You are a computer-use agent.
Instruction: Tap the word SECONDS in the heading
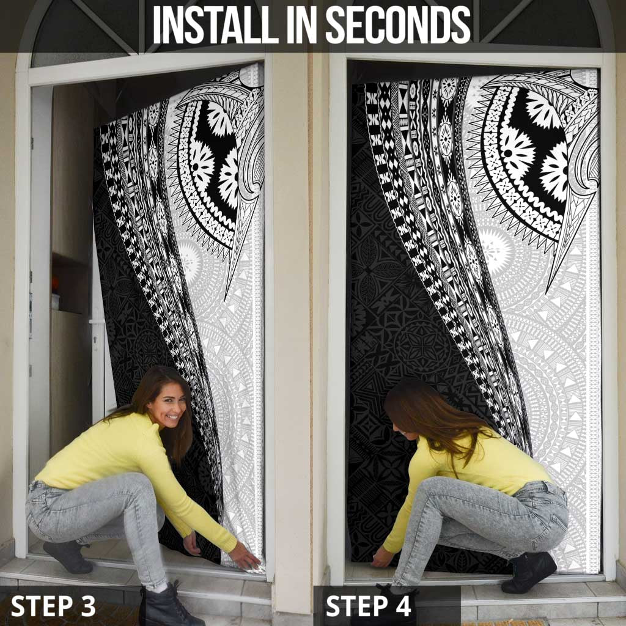397,24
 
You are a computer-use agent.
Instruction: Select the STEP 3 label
53,606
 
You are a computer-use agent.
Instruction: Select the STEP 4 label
369,606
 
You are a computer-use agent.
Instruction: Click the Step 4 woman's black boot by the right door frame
529,573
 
